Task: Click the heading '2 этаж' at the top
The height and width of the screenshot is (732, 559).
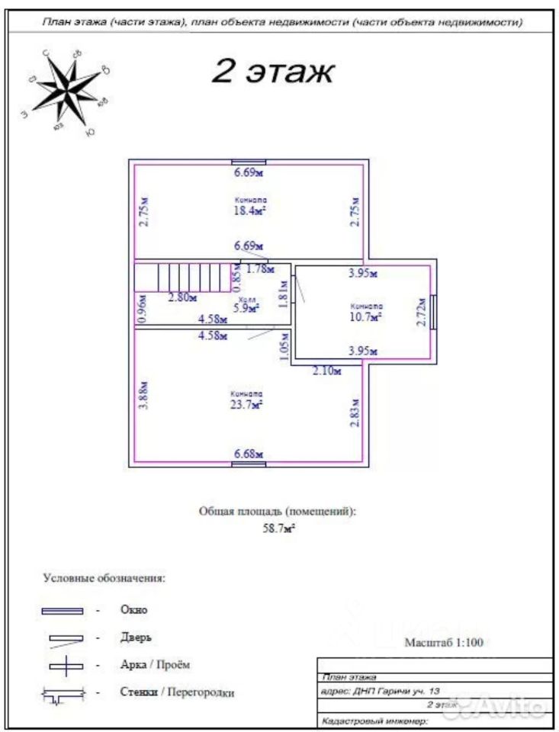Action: (271, 72)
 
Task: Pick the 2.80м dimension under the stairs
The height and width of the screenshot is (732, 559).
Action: (182, 297)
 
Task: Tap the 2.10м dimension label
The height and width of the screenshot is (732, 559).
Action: (326, 371)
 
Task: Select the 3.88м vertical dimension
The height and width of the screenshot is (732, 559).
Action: (144, 396)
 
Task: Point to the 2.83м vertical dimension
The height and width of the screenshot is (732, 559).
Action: (354, 412)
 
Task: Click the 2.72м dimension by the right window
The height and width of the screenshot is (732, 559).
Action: (419, 313)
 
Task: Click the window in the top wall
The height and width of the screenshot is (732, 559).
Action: (249, 162)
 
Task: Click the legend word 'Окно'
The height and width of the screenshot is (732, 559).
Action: (133, 609)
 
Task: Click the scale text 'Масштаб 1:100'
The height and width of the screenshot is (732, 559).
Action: (444, 642)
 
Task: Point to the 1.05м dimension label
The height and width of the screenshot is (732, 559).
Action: (284, 348)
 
